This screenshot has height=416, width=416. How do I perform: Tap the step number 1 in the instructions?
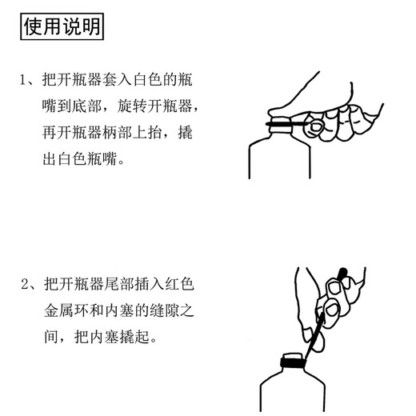(x=24, y=81)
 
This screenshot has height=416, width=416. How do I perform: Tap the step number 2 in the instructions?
(x=26, y=285)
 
